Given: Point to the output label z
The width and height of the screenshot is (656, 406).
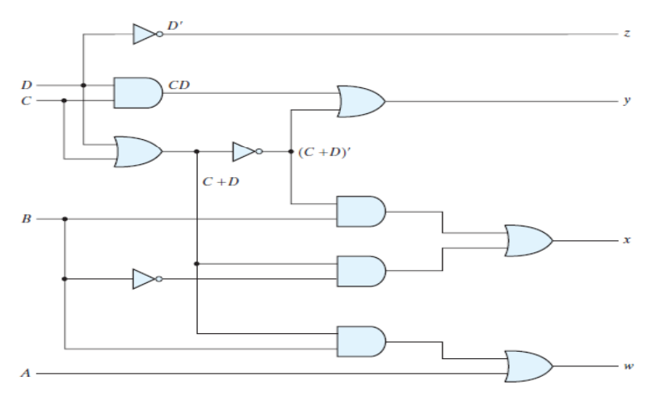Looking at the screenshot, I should (x=627, y=35).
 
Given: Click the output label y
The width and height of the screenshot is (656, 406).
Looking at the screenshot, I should (x=627, y=102).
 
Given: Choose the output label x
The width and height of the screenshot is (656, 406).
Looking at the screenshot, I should (x=627, y=241).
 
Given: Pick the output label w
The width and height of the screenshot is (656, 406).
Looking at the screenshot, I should (x=627, y=366).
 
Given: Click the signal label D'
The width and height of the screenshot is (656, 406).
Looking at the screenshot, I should (x=175, y=27).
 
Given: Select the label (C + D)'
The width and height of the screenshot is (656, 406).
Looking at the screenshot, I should (x=323, y=150).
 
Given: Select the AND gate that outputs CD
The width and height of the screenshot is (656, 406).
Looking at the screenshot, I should (x=137, y=93).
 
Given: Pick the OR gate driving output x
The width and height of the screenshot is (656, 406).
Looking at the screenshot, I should (x=528, y=241).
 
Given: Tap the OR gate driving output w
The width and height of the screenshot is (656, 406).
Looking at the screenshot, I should (x=528, y=366).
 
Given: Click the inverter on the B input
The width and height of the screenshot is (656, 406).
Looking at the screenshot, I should (x=146, y=279).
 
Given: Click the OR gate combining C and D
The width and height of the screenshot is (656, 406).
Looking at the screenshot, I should (x=137, y=151).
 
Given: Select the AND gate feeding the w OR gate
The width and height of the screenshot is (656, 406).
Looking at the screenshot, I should (x=360, y=340).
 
